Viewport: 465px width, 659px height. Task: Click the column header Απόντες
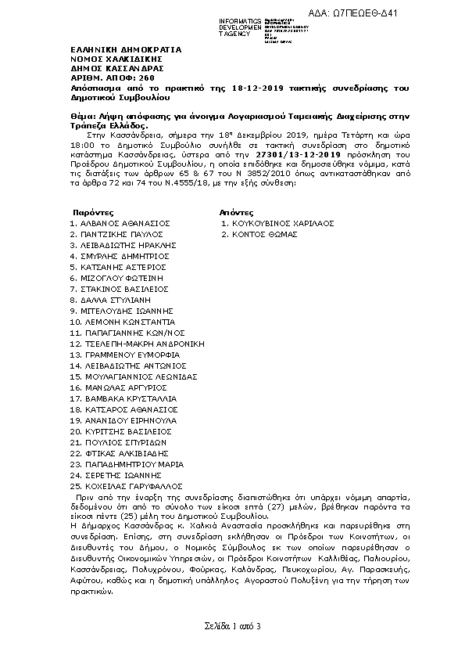[237, 212]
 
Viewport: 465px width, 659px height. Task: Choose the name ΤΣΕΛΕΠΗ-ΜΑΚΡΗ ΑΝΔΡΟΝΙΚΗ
[142, 344]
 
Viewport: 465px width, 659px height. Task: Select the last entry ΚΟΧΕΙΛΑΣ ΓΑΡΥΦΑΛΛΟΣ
[130, 486]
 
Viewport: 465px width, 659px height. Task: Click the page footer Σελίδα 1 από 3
[232, 625]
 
